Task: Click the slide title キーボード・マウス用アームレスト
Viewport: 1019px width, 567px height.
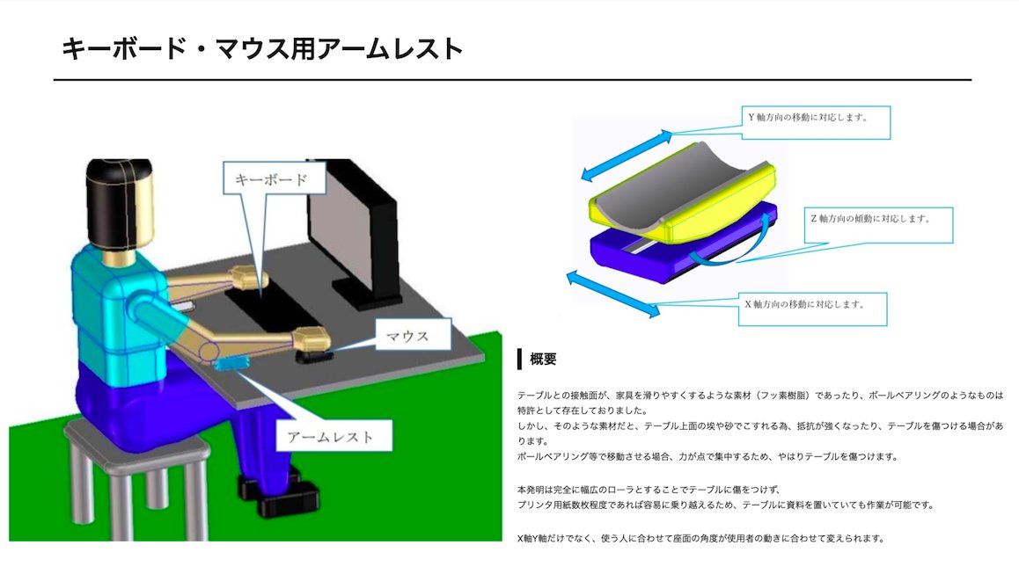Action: (261, 47)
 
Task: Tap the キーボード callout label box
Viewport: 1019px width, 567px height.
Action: (274, 179)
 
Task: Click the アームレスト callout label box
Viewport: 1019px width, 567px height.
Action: (330, 435)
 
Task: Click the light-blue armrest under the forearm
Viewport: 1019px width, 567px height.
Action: (231, 360)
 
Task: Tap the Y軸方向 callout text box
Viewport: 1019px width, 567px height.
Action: (813, 121)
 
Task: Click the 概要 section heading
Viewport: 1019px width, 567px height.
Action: (543, 359)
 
